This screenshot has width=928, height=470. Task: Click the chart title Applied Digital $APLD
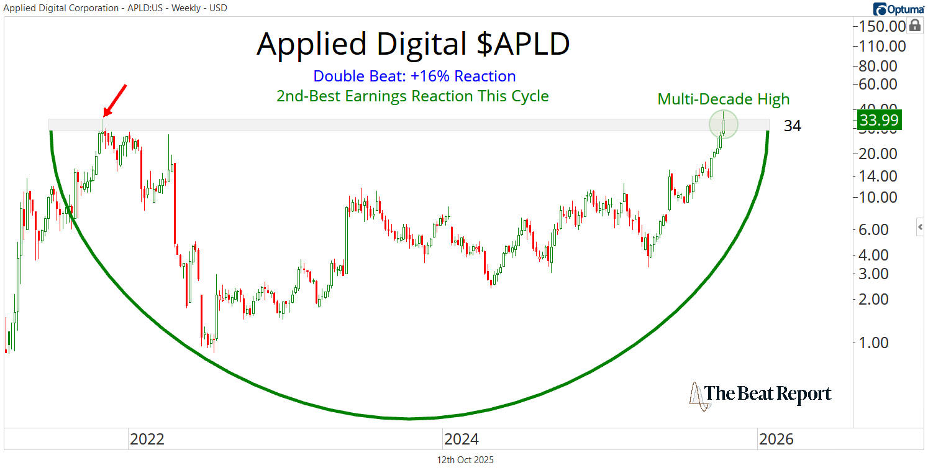412,44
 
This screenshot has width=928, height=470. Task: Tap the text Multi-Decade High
723,99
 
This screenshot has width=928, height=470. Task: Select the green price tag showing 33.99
878,120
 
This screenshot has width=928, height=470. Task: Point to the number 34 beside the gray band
792,126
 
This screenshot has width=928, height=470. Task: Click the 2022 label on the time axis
147,440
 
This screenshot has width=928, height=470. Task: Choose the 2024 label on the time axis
461,440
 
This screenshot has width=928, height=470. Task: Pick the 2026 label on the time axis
776,440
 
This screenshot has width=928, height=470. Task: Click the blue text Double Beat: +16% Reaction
414,76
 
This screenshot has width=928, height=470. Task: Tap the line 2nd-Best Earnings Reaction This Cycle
412,96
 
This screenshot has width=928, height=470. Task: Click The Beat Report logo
760,394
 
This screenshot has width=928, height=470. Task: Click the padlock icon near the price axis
915,25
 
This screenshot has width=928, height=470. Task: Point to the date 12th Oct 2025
465,460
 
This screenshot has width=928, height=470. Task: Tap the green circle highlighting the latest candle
724,124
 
